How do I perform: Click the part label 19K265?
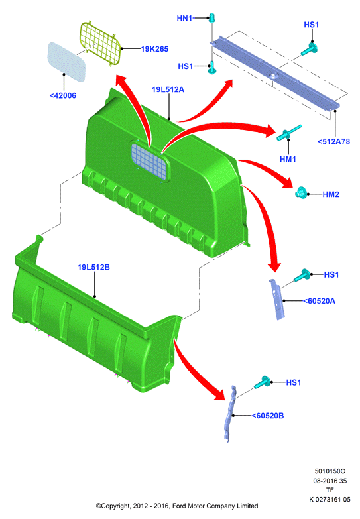(154, 49)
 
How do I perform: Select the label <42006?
(63, 95)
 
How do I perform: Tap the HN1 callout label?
(184, 18)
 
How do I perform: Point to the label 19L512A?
(168, 89)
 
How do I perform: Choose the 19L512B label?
(93, 267)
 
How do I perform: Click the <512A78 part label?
(334, 141)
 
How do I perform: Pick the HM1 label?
(288, 159)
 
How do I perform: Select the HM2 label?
(331, 194)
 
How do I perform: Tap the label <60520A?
(320, 301)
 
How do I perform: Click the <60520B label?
(268, 416)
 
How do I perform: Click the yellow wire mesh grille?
(100, 42)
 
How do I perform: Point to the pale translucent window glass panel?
(67, 62)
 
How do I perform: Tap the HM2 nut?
(301, 192)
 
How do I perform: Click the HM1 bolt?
(289, 133)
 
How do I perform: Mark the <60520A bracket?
(277, 299)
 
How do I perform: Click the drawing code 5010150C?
(330, 471)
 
